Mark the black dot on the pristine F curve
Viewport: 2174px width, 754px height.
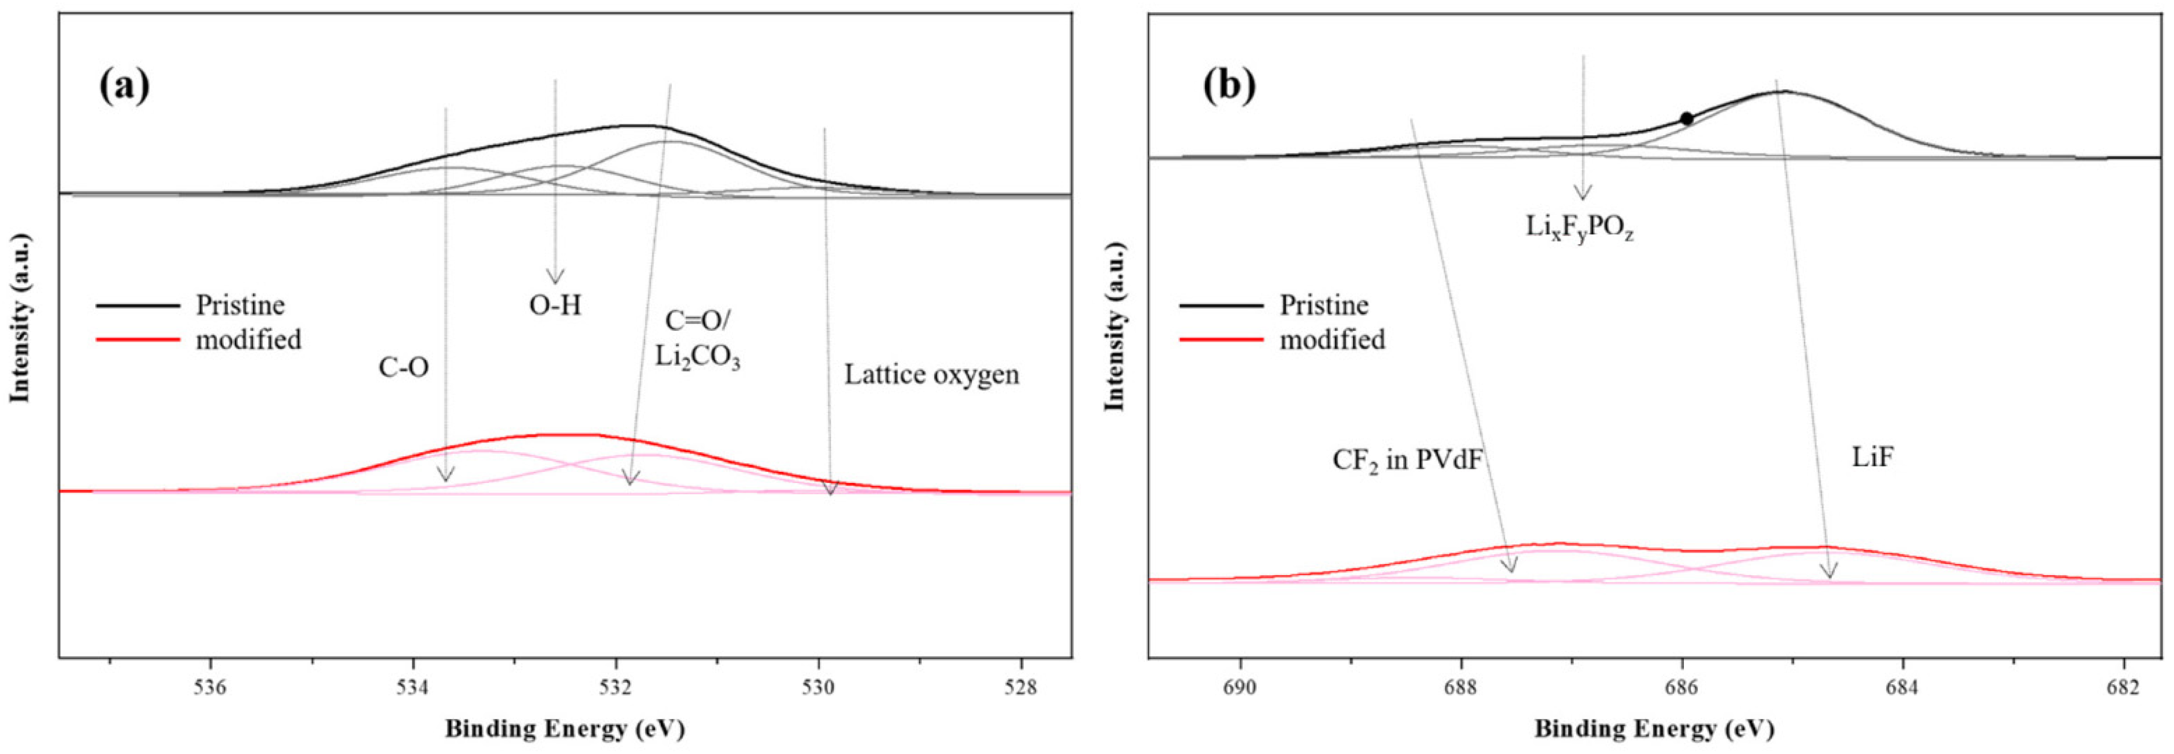(x=1686, y=119)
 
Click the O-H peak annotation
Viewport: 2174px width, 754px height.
(x=555, y=306)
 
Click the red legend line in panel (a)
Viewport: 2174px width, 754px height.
(x=138, y=340)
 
